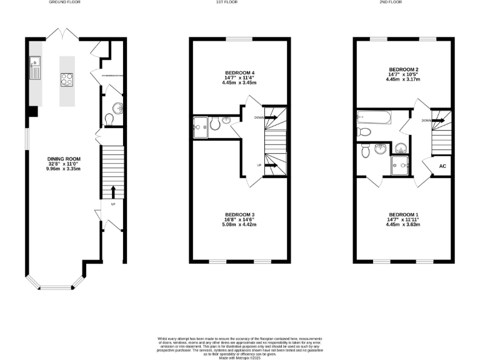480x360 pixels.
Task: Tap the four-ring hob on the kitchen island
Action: (x=66, y=79)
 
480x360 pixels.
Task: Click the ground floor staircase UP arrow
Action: (x=113, y=191)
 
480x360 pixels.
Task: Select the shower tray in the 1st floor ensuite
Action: (x=201, y=126)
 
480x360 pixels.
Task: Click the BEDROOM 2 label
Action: (x=403, y=69)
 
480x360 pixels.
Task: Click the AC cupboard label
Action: (x=442, y=166)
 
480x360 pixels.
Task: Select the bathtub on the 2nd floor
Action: (x=374, y=117)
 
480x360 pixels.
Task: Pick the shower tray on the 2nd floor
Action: (x=400, y=164)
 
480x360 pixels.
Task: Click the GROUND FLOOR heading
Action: (x=65, y=2)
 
